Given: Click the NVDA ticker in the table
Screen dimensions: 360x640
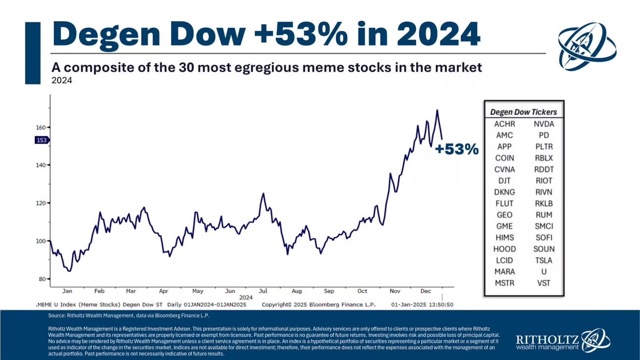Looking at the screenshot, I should click(x=544, y=124).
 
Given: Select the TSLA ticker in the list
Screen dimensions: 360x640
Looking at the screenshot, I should click(x=544, y=260).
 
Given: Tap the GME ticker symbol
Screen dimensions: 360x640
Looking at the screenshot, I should click(x=504, y=226).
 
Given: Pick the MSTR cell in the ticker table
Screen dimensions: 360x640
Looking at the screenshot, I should click(x=504, y=283).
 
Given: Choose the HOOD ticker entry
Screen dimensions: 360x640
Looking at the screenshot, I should click(x=504, y=249).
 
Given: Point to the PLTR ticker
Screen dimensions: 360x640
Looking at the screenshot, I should click(x=544, y=147).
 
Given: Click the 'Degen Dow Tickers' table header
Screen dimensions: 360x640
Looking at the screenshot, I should click(x=523, y=112).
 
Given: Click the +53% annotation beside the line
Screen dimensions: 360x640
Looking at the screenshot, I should click(x=457, y=149).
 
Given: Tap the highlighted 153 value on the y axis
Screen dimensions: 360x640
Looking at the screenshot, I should click(x=41, y=140).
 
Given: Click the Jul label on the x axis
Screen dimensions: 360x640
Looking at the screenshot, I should click(x=263, y=291).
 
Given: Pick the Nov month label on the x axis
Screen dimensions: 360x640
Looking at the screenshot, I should click(x=394, y=291).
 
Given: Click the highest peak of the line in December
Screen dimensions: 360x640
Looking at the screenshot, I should click(x=437, y=110).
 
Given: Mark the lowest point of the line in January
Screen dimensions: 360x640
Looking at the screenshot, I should click(x=69, y=271).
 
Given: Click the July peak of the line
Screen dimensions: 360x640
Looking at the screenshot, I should click(x=264, y=194).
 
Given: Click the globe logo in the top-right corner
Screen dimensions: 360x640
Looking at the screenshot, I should click(x=587, y=46).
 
